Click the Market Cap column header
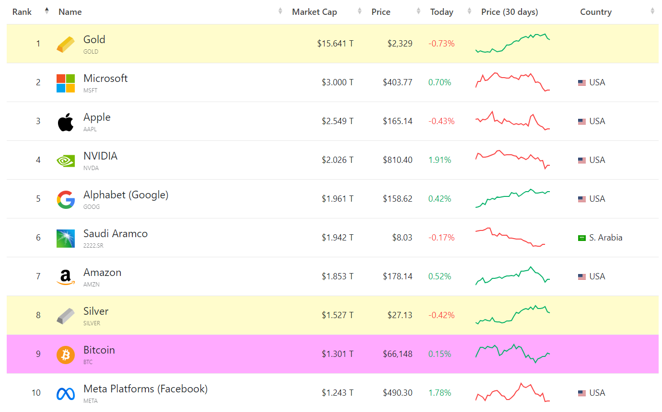[314, 12]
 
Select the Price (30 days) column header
[510, 12]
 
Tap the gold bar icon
[66, 44]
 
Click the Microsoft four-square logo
[66, 83]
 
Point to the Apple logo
[66, 122]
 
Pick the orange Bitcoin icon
[66, 355]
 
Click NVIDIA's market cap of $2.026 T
[337, 160]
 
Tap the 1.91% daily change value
[440, 160]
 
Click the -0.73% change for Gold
[441, 44]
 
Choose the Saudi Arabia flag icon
[582, 238]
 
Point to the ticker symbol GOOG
[92, 207]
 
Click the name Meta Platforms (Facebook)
[145, 389]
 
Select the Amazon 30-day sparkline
[512, 276]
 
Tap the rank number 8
[38, 315]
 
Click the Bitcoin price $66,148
[397, 354]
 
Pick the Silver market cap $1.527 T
[337, 315]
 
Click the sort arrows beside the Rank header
[46, 11]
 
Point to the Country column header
[595, 12]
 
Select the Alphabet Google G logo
[66, 199]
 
